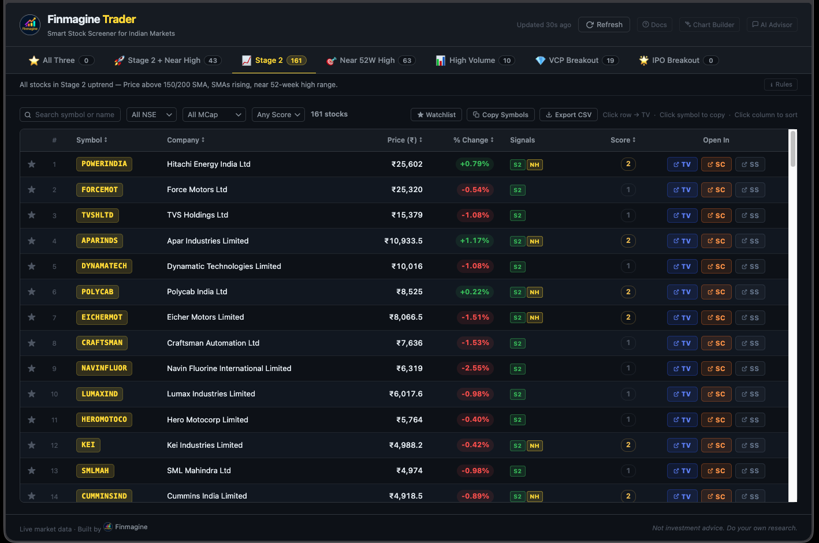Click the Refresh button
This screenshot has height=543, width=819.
(x=604, y=25)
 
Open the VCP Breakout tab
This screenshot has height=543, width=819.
(x=576, y=61)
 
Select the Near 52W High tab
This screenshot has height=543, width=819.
(x=370, y=61)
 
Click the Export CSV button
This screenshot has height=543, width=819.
(x=568, y=115)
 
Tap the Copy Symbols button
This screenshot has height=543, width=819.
(x=500, y=115)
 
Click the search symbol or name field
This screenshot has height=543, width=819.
(x=70, y=115)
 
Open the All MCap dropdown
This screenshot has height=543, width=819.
(x=214, y=115)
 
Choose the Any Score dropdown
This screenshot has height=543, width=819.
(x=278, y=115)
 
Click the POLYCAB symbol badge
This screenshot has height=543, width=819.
(x=97, y=292)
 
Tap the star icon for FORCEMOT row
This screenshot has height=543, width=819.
(x=32, y=190)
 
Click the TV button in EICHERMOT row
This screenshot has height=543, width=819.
(x=682, y=318)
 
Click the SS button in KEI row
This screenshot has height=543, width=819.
(x=750, y=445)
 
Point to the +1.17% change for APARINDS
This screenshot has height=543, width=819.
(x=474, y=241)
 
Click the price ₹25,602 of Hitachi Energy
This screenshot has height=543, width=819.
(x=407, y=164)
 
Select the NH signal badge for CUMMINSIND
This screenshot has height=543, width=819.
(x=534, y=496)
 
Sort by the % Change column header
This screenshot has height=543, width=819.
(x=473, y=140)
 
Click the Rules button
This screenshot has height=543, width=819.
(x=780, y=85)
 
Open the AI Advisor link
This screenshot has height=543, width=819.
(x=772, y=25)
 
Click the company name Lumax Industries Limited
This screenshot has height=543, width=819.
(x=211, y=394)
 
